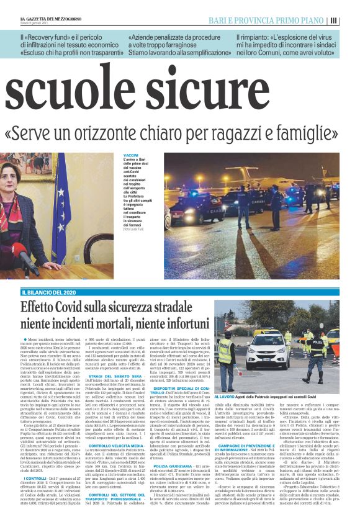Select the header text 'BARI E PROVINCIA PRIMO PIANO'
(288, 20)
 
